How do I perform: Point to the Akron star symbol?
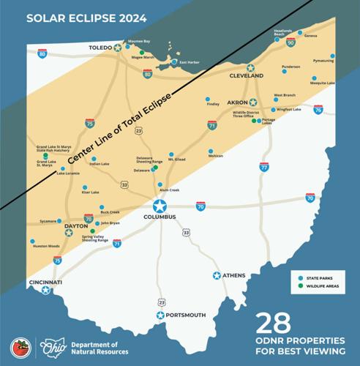tap(253, 102)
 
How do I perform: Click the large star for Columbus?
tap(160, 206)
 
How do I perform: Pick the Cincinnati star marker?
tap(45, 290)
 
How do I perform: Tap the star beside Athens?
tap(217, 275)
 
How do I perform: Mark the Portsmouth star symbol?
tap(160, 315)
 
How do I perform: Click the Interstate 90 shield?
tap(291, 43)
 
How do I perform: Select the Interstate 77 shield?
tap(263, 168)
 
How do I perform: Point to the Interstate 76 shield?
tap(318, 110)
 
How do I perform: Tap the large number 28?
tap(273, 322)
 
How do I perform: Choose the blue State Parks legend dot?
tap(301, 277)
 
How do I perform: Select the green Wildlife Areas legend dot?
tap(301, 286)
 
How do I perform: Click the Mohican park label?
tap(215, 156)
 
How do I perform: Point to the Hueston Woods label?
tap(46, 246)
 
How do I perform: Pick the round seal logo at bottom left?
tap(20, 348)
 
